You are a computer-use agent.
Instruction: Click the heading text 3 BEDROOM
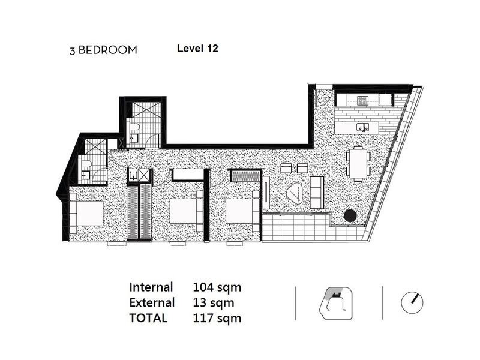click(103, 50)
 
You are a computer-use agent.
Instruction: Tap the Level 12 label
click(197, 49)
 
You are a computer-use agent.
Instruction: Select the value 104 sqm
click(217, 287)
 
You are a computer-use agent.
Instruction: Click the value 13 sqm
click(214, 302)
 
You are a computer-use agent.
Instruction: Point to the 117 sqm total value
click(217, 318)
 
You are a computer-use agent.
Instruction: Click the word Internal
click(151, 287)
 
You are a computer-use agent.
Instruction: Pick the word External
click(152, 302)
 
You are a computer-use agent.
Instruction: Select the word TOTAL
click(148, 318)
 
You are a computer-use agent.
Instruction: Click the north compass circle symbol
click(412, 302)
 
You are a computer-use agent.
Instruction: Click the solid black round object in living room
click(350, 215)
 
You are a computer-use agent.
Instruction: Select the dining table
click(358, 164)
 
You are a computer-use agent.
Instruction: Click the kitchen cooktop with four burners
click(362, 100)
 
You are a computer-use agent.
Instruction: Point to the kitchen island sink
click(364, 127)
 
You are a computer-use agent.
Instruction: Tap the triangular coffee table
click(295, 193)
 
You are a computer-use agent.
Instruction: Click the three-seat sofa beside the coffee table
click(317, 193)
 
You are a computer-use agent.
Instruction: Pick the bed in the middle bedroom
click(186, 211)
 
